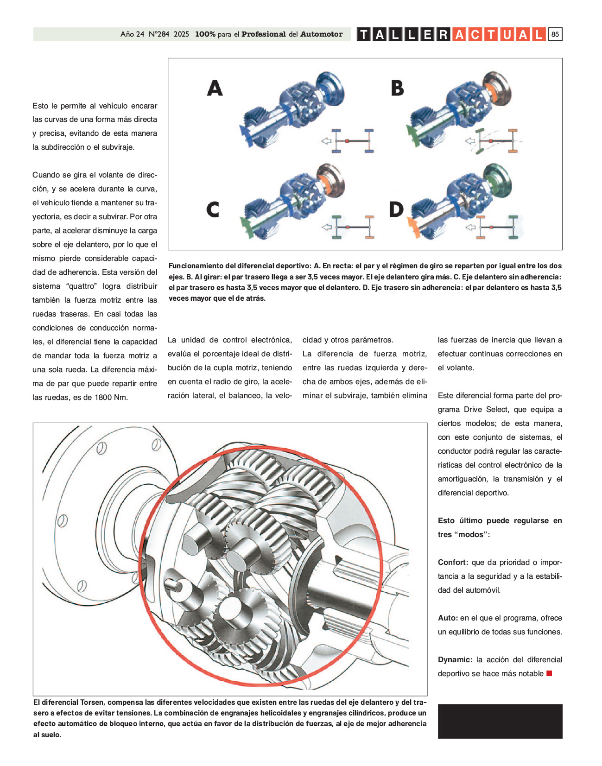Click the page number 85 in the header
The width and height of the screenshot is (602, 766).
(555, 34)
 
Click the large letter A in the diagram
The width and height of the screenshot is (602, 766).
(215, 88)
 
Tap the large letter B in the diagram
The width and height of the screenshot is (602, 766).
(397, 88)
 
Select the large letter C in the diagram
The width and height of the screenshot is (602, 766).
(213, 209)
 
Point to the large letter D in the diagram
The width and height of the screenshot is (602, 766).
(396, 209)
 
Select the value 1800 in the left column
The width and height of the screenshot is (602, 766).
(103, 398)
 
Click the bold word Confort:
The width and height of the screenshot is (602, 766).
(453, 563)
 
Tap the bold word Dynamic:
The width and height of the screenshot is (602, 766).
(455, 660)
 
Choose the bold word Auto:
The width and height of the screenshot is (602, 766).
(448, 618)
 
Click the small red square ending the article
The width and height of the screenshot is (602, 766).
(549, 673)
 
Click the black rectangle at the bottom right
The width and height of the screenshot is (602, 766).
(500, 721)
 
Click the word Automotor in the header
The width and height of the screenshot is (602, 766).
(321, 34)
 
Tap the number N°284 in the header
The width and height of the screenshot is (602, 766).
(159, 34)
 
